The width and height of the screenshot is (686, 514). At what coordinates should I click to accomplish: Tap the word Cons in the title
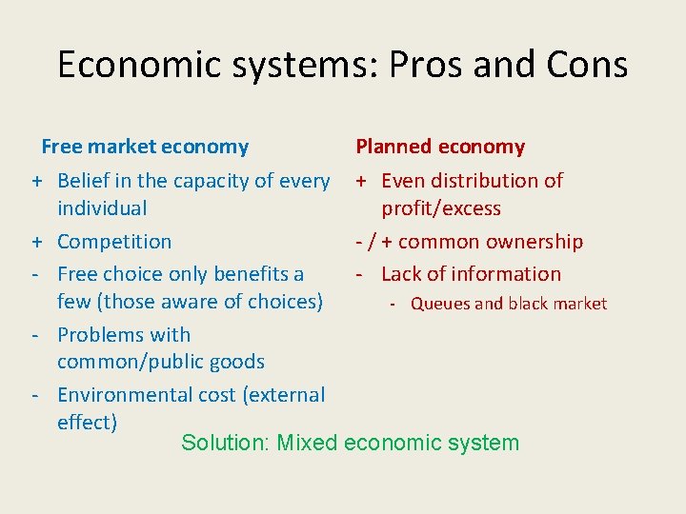(583, 65)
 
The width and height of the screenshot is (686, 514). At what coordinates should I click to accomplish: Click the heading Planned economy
(440, 147)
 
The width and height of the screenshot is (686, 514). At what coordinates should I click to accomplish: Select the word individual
(102, 208)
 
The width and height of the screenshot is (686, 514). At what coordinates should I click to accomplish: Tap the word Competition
(114, 242)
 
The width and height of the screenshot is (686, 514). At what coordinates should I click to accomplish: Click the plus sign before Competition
(34, 242)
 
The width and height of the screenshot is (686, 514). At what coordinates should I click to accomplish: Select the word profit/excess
(441, 208)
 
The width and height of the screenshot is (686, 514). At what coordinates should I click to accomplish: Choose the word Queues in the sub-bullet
(440, 304)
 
